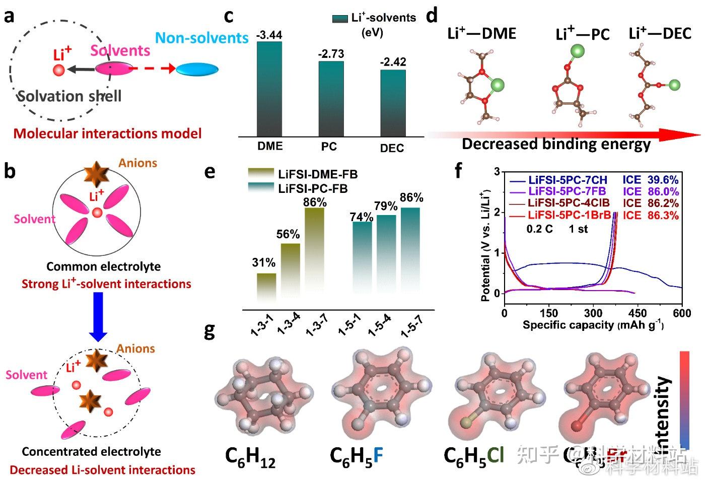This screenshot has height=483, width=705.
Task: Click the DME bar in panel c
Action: click(269, 89)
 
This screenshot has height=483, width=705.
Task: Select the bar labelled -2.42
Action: click(393, 103)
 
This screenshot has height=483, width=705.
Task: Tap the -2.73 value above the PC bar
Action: click(331, 54)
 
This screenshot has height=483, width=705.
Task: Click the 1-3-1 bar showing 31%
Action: click(266, 288)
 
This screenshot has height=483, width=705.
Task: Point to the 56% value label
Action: click(288, 234)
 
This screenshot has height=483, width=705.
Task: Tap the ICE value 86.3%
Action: click(664, 216)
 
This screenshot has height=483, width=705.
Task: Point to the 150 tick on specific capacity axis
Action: click(549, 313)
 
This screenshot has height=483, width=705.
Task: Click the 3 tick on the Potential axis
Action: click(498, 172)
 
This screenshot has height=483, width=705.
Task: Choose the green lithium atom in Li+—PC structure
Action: click(578, 51)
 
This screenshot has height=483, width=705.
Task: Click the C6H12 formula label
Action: click(250, 457)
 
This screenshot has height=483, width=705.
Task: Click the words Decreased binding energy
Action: click(556, 144)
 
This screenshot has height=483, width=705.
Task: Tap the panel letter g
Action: click(209, 331)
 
